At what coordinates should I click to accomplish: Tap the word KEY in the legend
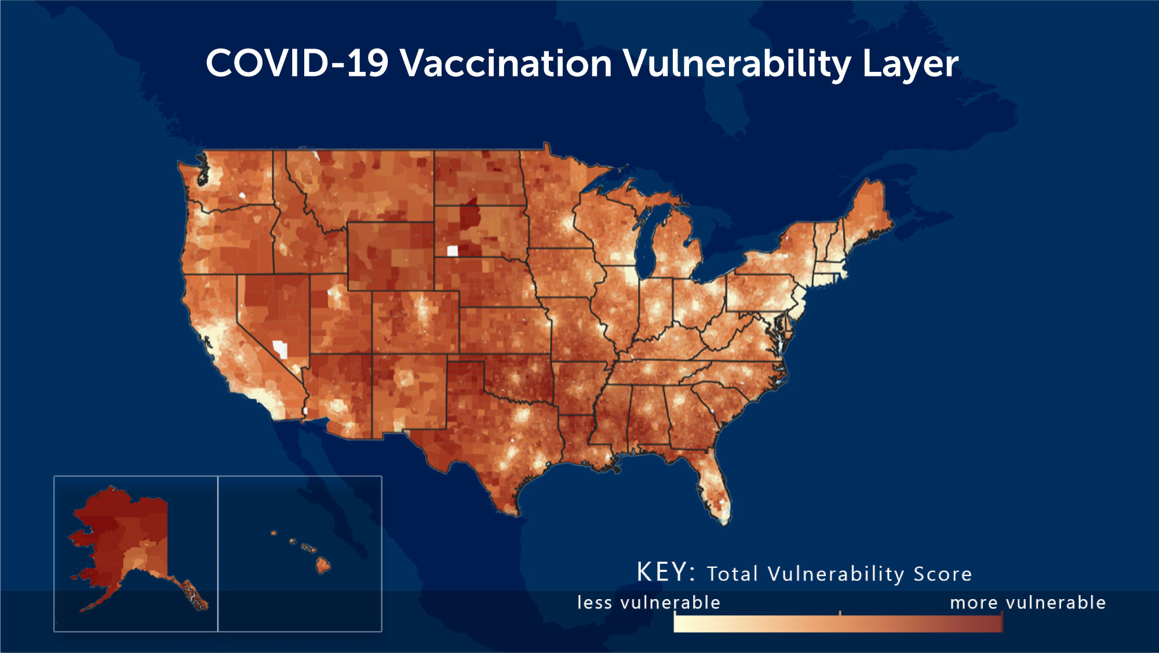coord(662,572)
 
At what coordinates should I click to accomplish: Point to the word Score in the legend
coord(943,574)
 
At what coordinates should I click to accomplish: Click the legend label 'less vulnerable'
coord(648,603)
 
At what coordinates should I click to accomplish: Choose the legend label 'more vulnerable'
coord(1027,603)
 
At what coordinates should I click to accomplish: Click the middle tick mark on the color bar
coord(840,613)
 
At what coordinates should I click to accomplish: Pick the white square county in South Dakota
coord(453,251)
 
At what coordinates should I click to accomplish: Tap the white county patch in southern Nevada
coord(280,349)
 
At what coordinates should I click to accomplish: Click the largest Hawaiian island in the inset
coord(323,564)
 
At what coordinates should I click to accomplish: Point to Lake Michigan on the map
coord(648,243)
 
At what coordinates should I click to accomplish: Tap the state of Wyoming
coord(391,256)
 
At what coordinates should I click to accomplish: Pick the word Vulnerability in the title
coord(737,64)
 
